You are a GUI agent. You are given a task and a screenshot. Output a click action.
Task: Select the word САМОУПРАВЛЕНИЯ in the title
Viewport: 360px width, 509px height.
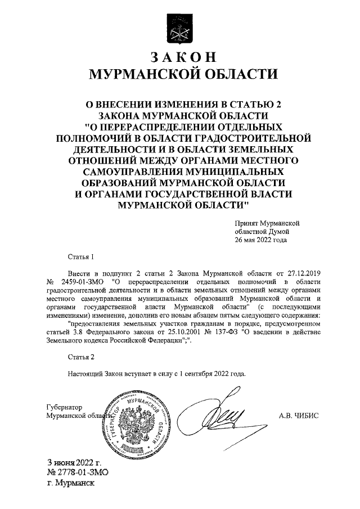click(127, 170)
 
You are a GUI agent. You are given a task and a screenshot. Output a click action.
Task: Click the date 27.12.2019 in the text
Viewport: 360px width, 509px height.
click(303, 272)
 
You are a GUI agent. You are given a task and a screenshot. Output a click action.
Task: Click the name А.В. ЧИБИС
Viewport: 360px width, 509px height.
click(299, 416)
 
